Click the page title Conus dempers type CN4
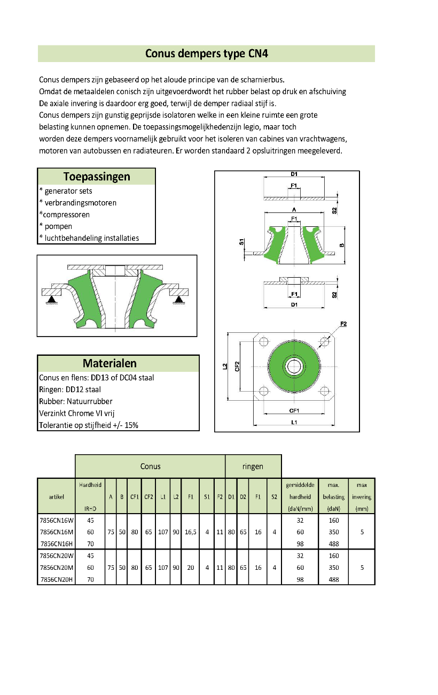tap(207, 54)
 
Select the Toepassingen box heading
tap(97, 177)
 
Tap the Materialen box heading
tap(109, 363)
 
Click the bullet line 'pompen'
tap(56, 226)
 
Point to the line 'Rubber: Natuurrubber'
tap(75, 401)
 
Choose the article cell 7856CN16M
tap(57, 532)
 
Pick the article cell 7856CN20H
tap(57, 579)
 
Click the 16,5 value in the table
tap(191, 532)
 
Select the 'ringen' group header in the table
tap(253, 467)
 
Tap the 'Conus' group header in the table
tap(150, 467)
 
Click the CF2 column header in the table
tap(148, 497)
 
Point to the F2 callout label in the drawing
tap(343, 324)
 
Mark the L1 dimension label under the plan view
tap(294, 422)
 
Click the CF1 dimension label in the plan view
tap(294, 411)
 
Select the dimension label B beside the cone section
tap(342, 245)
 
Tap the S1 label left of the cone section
tap(241, 242)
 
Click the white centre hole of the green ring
tap(294, 366)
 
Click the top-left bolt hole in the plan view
tap(263, 342)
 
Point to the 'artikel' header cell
tap(57, 497)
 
